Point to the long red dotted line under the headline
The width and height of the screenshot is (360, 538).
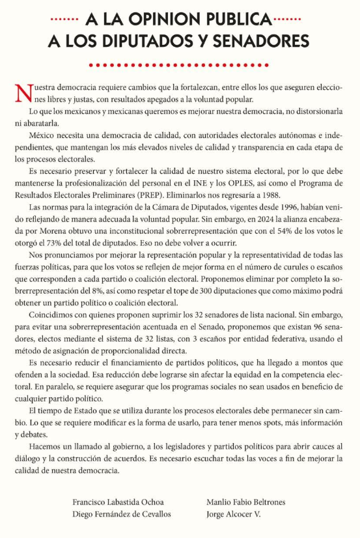point(179,64)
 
